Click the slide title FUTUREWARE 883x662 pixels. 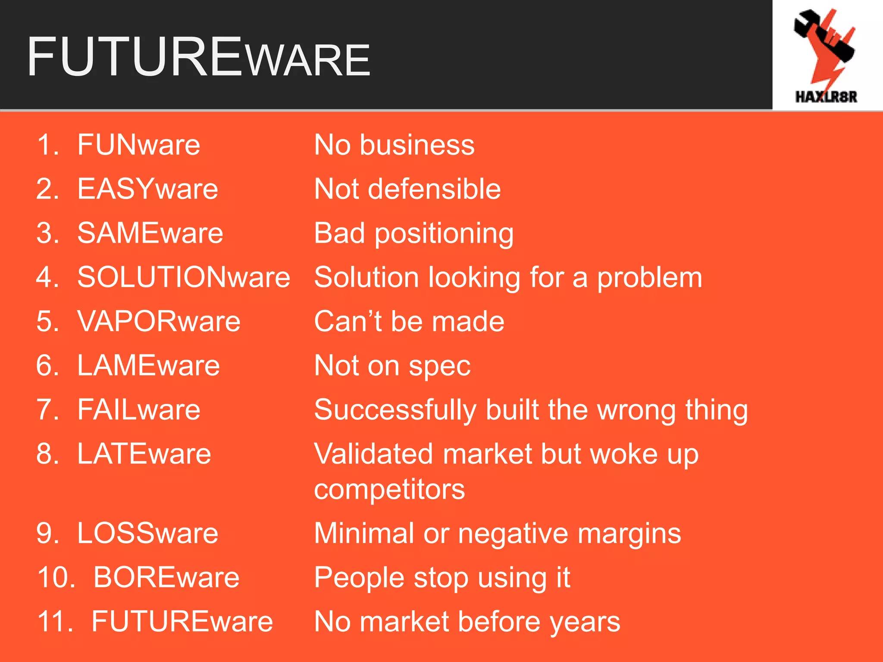tap(198, 57)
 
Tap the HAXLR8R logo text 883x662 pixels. tap(826, 97)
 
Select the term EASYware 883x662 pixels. tap(147, 189)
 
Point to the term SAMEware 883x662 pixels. tap(150, 233)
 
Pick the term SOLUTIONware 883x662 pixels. tap(184, 277)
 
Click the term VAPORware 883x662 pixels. tap(159, 322)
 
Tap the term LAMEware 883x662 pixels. tap(148, 365)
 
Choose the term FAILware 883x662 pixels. tap(138, 409)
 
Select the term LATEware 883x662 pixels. tap(144, 454)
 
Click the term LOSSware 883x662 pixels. tap(147, 533)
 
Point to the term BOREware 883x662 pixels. tap(166, 577)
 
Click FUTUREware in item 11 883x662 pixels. tap(182, 621)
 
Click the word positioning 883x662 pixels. tap(444, 234)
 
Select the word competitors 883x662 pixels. tap(389, 490)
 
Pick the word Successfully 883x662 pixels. tap(395, 410)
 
